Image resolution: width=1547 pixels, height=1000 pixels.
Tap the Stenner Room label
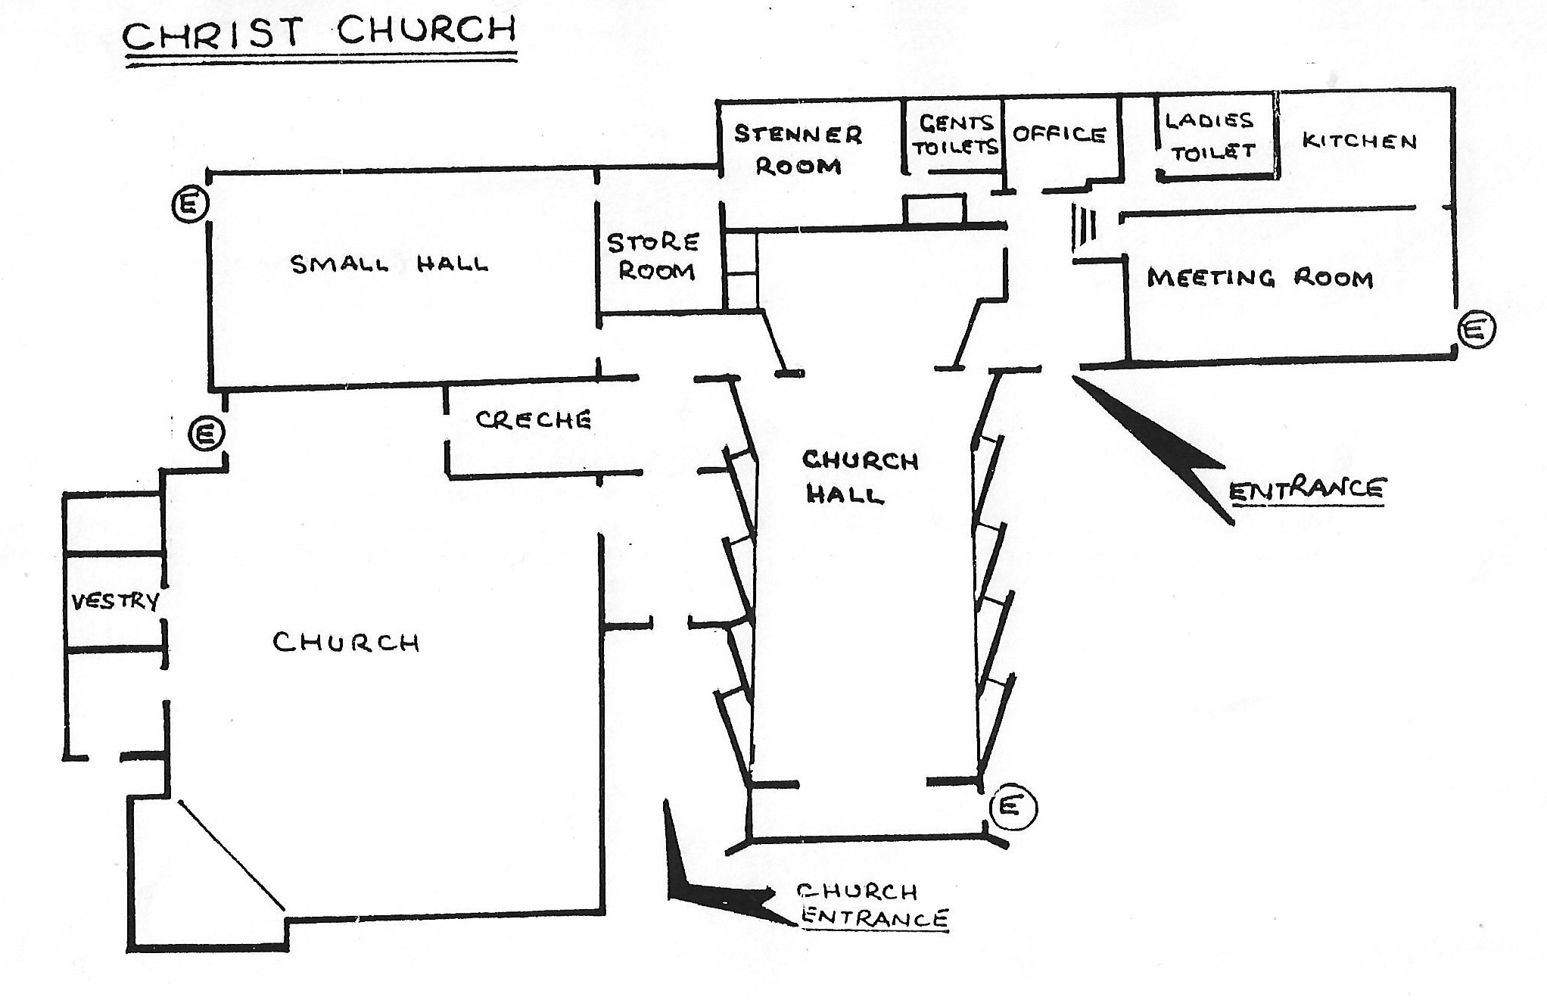coord(798,151)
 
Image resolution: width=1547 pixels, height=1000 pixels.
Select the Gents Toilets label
coord(955,135)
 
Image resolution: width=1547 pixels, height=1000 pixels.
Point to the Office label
coord(1060,135)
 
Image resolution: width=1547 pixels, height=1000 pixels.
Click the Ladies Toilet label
coord(1211,136)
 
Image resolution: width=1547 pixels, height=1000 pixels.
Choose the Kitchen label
coord(1359,141)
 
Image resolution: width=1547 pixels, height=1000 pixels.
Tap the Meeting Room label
coord(1259,279)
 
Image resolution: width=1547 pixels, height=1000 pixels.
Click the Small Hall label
coord(390,264)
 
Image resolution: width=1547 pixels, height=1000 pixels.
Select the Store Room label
coord(654,257)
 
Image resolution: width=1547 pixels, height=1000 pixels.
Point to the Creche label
coord(533,420)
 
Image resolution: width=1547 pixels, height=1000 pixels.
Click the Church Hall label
coord(859,477)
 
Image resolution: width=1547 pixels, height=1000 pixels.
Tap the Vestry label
coord(115,602)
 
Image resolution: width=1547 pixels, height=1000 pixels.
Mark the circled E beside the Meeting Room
coord(1477,330)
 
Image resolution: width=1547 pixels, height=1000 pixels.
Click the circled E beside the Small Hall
coord(190,204)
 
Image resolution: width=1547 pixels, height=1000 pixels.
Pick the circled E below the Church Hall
coord(1012,807)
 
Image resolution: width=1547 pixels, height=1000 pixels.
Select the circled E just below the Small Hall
coord(207,435)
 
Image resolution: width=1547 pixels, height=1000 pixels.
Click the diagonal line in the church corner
coord(231,854)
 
